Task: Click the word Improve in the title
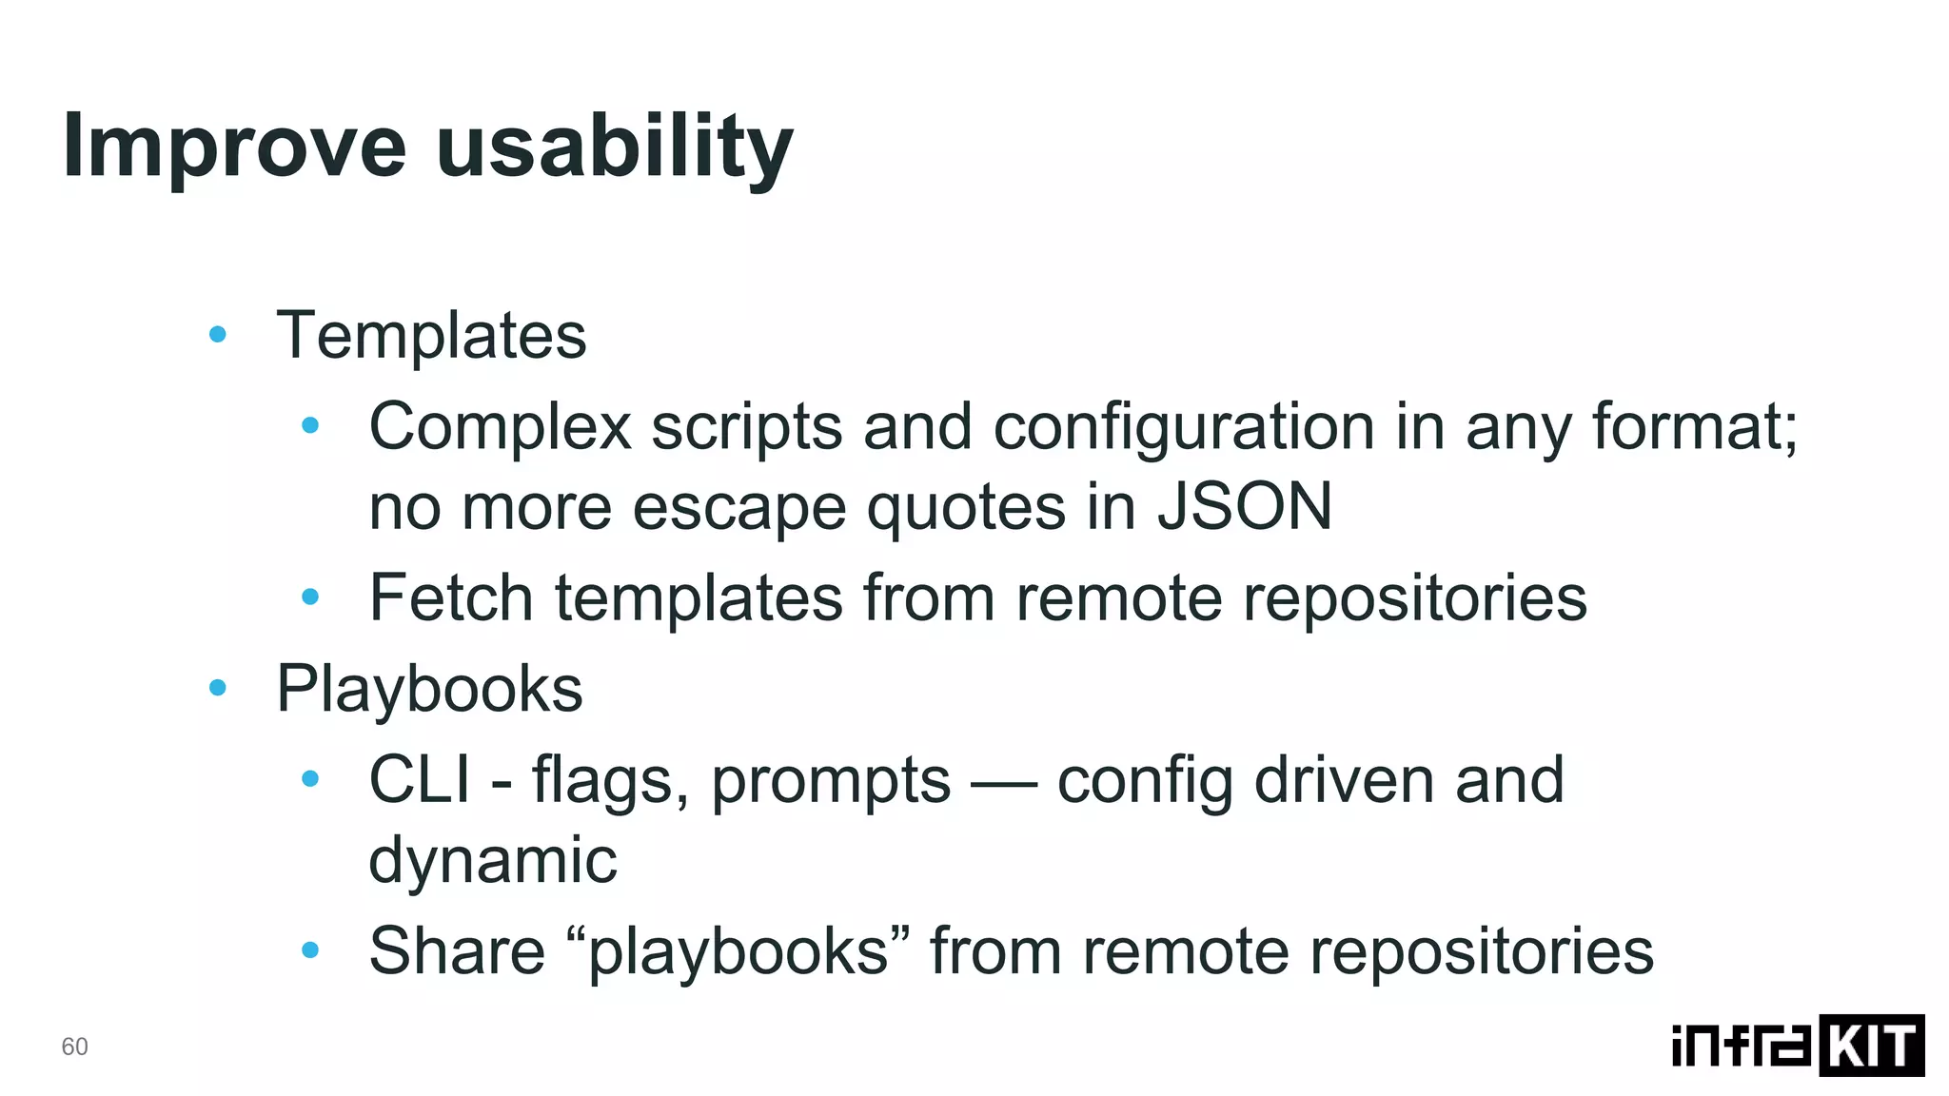(234, 147)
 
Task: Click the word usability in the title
(614, 147)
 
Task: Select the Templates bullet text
(431, 336)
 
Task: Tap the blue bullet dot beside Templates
(218, 334)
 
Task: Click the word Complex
(500, 426)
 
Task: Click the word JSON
(1244, 506)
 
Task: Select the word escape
(738, 506)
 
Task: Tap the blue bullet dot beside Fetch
(310, 597)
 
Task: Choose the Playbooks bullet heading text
(429, 689)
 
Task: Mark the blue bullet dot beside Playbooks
(218, 687)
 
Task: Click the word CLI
(419, 780)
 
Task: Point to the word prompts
(831, 780)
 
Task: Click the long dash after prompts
(1004, 784)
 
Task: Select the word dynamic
(493, 860)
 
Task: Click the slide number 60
(74, 1047)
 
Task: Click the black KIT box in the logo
(1871, 1046)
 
